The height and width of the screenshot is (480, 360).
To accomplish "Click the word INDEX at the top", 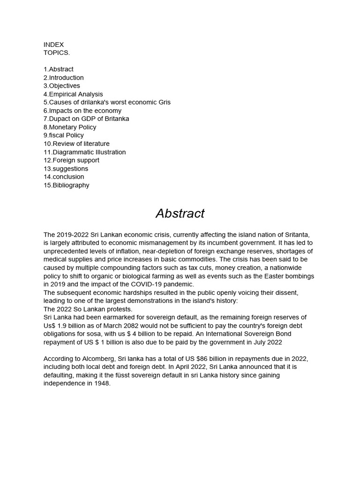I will tap(53, 45).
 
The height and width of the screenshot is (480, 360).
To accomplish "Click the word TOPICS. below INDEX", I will tap(57, 52).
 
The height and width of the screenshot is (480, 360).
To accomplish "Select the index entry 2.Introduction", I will tap(64, 77).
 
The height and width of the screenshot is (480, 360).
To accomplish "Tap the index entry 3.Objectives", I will tap(62, 86).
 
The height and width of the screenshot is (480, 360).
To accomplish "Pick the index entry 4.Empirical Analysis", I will tap(73, 94).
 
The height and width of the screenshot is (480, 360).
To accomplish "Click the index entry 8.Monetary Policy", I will tap(70, 127).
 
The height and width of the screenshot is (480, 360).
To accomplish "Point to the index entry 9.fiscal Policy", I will tap(64, 135).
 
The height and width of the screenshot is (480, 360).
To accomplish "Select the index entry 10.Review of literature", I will tap(76, 143).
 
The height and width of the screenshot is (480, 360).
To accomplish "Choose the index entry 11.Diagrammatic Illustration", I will tap(85, 152).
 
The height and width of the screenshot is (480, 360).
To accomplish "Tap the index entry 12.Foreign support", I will tap(71, 160).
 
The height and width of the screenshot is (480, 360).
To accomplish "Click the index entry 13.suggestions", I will tap(66, 168).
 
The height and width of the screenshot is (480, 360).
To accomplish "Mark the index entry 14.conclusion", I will tap(64, 177).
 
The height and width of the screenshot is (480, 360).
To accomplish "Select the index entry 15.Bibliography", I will tap(67, 185).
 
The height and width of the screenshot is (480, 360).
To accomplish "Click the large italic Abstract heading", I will tap(180, 214).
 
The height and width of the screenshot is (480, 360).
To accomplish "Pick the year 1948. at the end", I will tap(102, 383).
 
